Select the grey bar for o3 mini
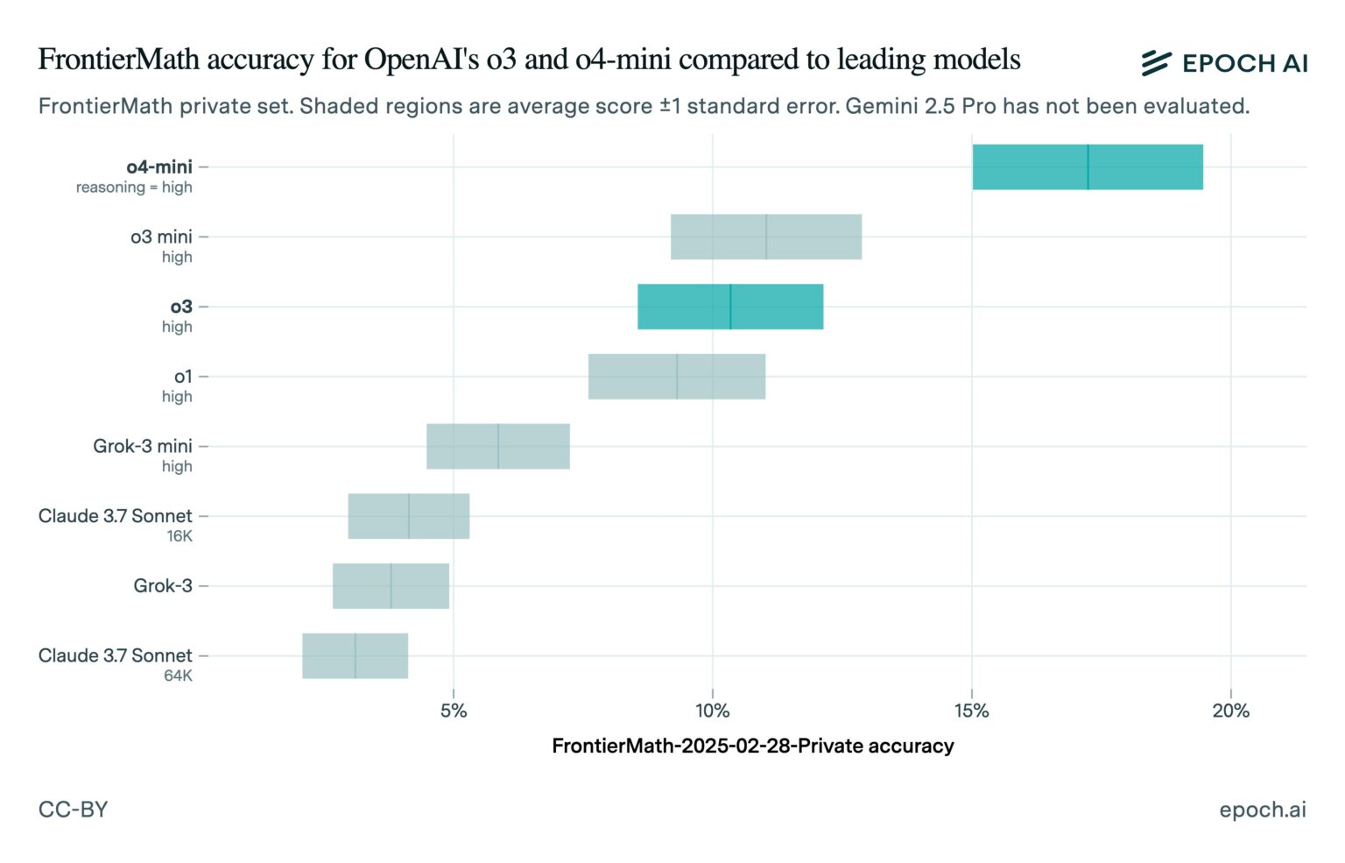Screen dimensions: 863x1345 [x=766, y=237]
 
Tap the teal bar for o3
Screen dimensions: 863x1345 [x=730, y=307]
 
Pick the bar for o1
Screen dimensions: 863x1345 [x=677, y=377]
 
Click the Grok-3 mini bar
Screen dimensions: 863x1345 [x=497, y=446]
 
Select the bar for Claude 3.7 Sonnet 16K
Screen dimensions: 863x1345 [x=408, y=516]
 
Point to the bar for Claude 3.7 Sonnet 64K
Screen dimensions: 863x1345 [x=355, y=655]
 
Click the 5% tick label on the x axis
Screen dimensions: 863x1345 [x=453, y=711]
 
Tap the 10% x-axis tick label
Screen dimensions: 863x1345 [x=712, y=711]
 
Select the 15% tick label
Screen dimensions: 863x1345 [x=971, y=711]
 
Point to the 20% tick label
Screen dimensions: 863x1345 [x=1230, y=711]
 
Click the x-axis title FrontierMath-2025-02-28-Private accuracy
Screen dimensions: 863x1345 [x=752, y=746]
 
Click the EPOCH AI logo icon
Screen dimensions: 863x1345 [x=1156, y=62]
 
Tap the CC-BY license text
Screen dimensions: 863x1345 [x=73, y=809]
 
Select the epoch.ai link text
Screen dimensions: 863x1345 [x=1262, y=809]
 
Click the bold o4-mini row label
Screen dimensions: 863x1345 [x=158, y=166]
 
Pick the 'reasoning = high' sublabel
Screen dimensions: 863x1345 [x=134, y=187]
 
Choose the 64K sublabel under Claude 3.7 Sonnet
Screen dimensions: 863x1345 [x=178, y=676]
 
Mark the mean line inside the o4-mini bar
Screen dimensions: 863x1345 [x=1088, y=166]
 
